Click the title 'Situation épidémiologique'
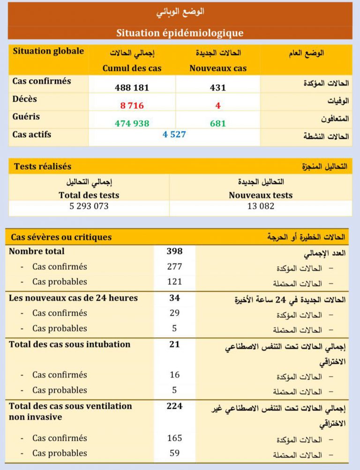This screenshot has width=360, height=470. pos(180,33)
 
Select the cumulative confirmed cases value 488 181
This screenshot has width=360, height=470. pos(132,88)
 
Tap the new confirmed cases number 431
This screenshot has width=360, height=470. pos(218,88)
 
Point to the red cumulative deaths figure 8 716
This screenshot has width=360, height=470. pos(132,105)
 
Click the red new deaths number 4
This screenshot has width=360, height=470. pos(218,105)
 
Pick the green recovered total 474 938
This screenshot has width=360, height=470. pos(132,123)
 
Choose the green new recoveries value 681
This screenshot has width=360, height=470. pos(218,123)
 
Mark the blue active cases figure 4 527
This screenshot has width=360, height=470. pos(174,134)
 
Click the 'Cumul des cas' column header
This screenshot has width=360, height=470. pos(132,68)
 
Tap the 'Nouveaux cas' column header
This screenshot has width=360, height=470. pos(218,68)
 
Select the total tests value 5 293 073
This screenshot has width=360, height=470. pos(89,206)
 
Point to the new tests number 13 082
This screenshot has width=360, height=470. pos(261,206)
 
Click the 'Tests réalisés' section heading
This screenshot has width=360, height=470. pos(43,166)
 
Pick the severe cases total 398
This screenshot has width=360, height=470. pos(174,251)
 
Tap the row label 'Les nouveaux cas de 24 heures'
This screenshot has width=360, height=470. pos(73,298)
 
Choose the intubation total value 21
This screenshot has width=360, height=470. pos(174,344)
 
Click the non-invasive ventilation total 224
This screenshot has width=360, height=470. pos(174,406)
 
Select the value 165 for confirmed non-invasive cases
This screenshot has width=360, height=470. pos(174,438)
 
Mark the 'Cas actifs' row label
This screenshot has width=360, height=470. pos(32,134)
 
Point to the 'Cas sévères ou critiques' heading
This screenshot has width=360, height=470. pos(61,237)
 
